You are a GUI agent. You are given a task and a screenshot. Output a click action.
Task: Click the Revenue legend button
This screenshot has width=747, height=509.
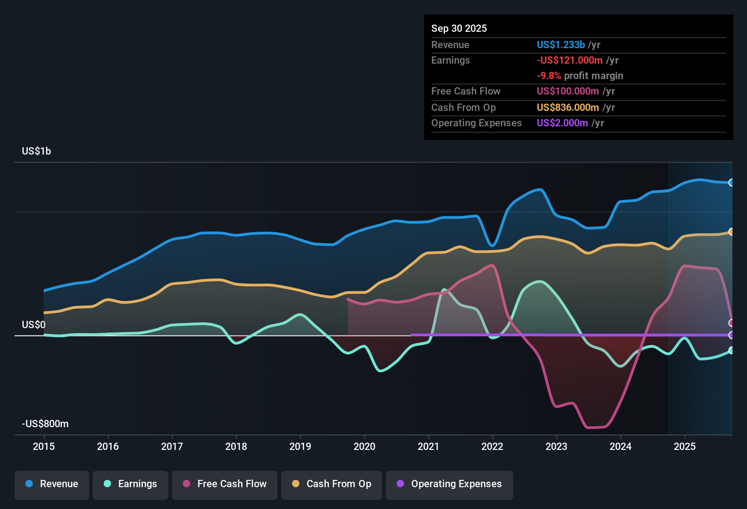point(52,484)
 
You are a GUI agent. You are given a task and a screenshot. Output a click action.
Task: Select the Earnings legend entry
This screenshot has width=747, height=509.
point(131,484)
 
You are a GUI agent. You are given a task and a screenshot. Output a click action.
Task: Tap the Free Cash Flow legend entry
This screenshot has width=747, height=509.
point(225,484)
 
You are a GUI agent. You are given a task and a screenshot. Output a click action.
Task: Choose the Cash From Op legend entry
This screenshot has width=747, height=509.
point(332,484)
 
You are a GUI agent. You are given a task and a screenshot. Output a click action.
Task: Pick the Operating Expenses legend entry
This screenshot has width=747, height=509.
point(449,484)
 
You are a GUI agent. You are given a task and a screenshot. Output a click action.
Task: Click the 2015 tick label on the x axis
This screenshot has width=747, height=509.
point(44,447)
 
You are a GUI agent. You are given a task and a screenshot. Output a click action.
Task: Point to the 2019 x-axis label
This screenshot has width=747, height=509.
point(300,447)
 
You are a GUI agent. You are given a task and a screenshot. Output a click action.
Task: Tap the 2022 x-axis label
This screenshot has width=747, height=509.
point(492,447)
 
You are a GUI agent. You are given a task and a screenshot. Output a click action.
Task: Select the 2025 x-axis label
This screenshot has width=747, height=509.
point(685,447)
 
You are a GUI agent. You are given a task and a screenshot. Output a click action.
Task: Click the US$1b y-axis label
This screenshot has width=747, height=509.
point(36,151)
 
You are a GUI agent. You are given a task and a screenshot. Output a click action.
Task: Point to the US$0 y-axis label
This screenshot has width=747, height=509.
point(34,325)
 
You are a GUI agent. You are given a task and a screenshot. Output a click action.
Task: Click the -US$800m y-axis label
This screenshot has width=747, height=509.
point(45,424)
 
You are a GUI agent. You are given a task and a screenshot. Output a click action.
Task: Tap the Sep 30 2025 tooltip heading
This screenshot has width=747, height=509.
point(459,29)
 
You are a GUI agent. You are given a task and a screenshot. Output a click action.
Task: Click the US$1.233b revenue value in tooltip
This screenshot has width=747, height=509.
point(560,45)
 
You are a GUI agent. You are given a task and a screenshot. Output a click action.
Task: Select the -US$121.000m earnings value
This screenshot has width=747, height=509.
point(570,60)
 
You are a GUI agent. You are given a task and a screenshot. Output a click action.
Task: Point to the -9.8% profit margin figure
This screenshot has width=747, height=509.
point(549,76)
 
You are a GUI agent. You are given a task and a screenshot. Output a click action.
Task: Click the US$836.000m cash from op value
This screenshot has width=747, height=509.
point(568,108)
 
